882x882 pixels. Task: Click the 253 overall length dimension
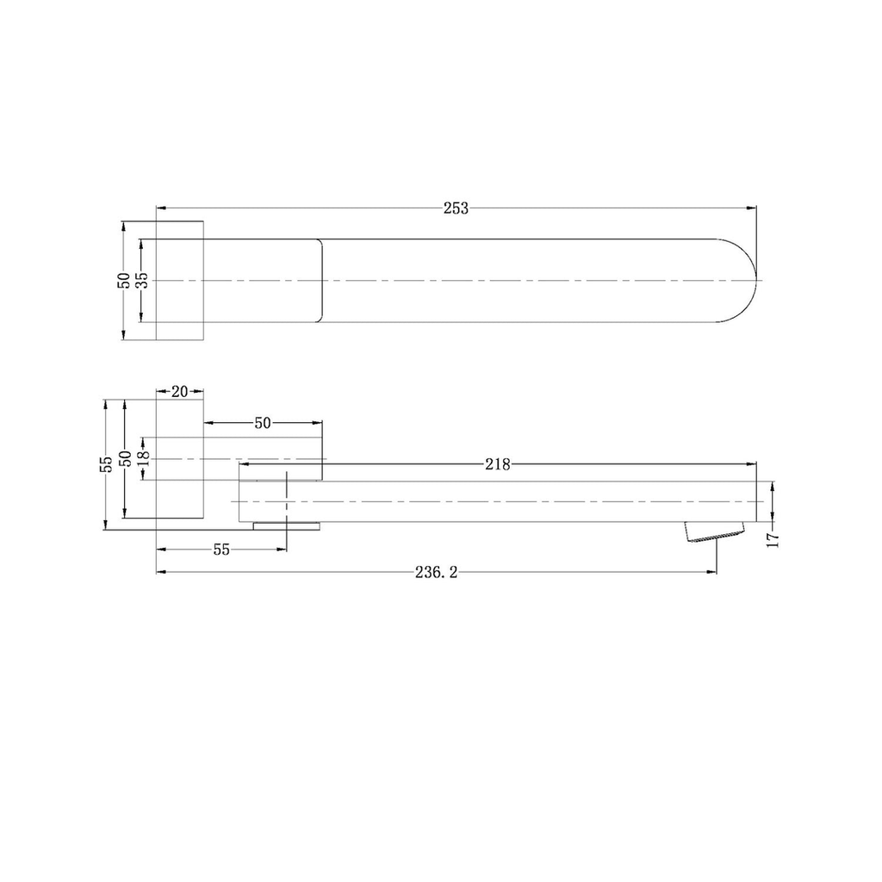tap(456, 208)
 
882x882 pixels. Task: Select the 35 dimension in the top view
tap(143, 280)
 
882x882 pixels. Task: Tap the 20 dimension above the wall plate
tap(179, 392)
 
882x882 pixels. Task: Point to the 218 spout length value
tap(498, 464)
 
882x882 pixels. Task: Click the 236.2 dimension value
tap(436, 572)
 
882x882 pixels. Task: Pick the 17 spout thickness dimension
tap(773, 540)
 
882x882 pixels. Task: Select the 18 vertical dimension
tap(144, 458)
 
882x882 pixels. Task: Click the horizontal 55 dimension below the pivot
tap(221, 549)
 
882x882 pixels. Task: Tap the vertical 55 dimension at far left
tap(106, 463)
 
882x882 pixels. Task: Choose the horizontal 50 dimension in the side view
tap(263, 422)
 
